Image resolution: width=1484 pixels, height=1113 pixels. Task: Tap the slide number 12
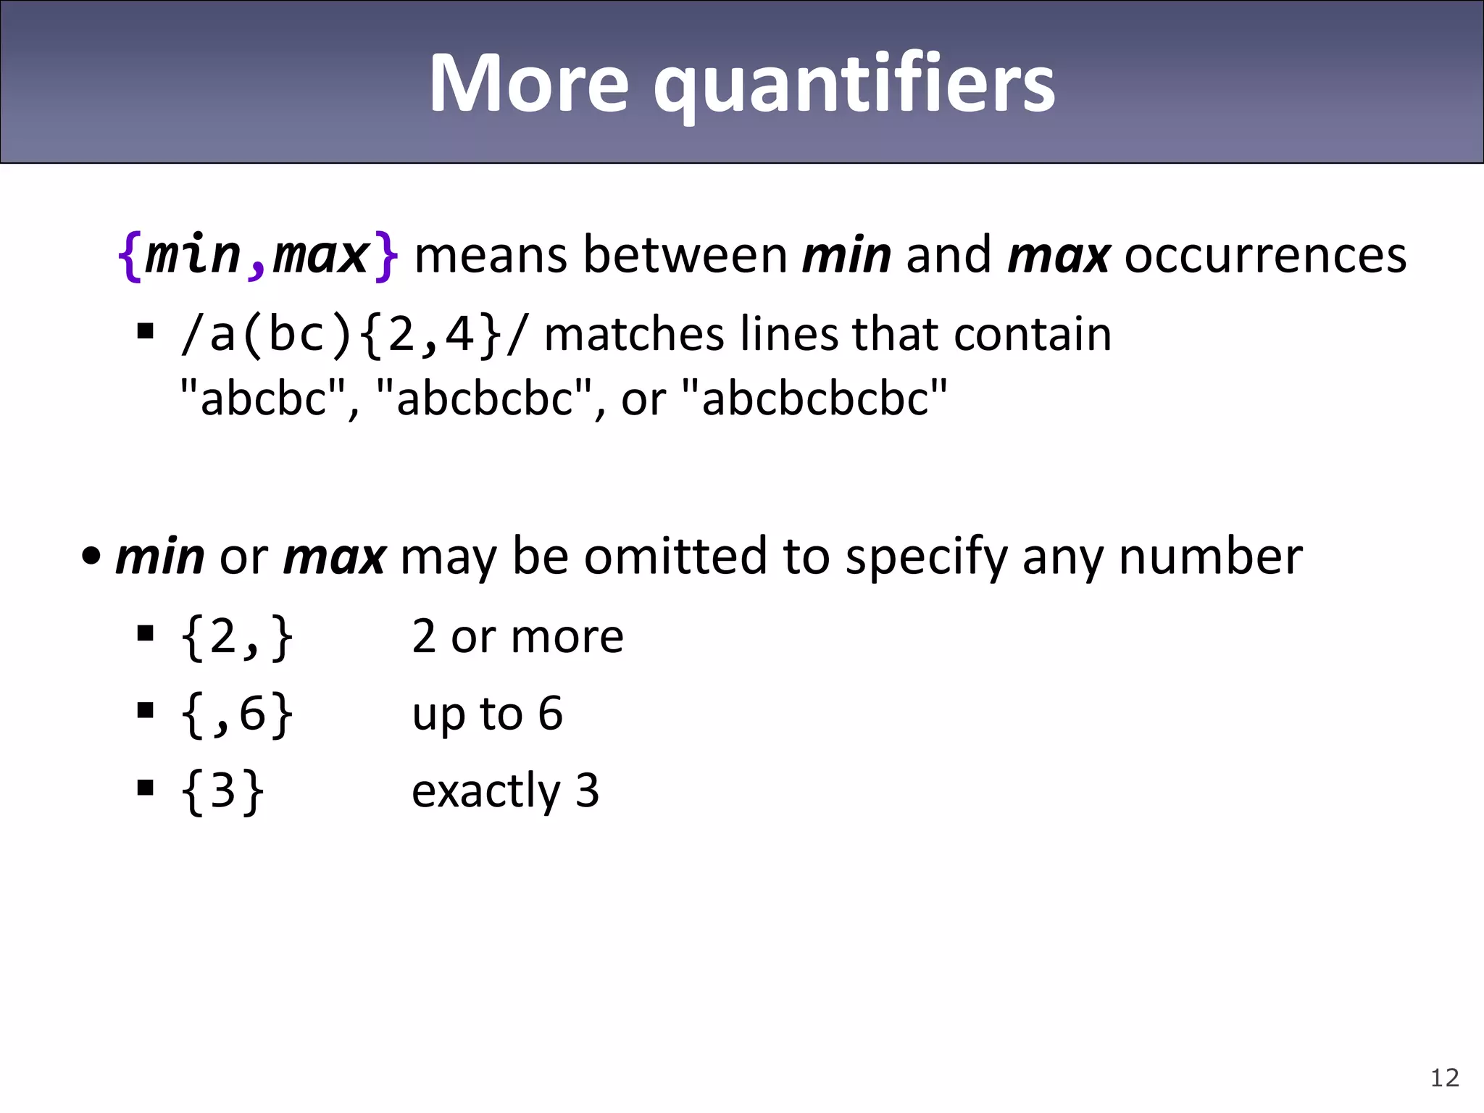pyautogui.click(x=1444, y=1077)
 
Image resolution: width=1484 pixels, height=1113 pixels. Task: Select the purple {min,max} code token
pyautogui.click(x=257, y=255)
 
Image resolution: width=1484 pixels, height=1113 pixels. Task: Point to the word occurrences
pyautogui.click(x=1265, y=255)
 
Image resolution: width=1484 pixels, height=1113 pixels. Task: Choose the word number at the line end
pyautogui.click(x=1210, y=556)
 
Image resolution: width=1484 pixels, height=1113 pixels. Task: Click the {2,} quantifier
pyautogui.click(x=237, y=637)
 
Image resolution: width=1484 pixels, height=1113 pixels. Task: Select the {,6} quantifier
pyautogui.click(x=237, y=714)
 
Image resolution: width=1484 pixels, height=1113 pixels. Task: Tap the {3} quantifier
pyautogui.click(x=222, y=791)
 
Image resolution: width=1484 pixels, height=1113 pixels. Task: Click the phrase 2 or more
pyautogui.click(x=517, y=637)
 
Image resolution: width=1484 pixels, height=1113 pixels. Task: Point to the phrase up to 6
pyautogui.click(x=487, y=714)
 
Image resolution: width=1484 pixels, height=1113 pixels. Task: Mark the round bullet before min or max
pyautogui.click(x=91, y=557)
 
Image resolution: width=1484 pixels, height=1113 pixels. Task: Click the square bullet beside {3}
pyautogui.click(x=146, y=787)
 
